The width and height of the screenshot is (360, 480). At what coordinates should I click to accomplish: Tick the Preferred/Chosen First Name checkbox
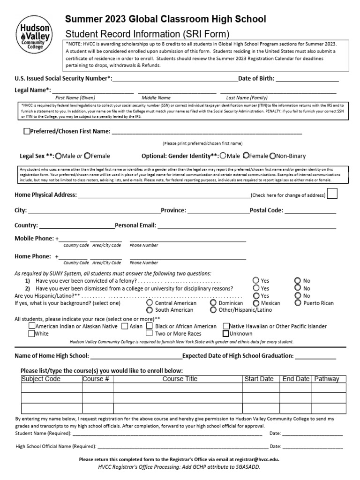27,132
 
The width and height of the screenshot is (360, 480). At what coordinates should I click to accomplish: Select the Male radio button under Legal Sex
58,156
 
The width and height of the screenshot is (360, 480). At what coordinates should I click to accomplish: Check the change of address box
332,195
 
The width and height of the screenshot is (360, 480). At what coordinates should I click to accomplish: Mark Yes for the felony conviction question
256,281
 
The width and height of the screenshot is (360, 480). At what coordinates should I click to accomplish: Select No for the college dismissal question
298,288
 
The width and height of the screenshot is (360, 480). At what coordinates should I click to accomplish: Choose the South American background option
150,310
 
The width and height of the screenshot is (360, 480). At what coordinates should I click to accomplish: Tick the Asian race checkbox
125,326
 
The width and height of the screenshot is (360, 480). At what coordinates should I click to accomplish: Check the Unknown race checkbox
226,334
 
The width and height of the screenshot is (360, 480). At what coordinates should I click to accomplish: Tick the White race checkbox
31,334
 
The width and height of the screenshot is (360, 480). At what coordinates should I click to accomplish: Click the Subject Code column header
41,379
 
